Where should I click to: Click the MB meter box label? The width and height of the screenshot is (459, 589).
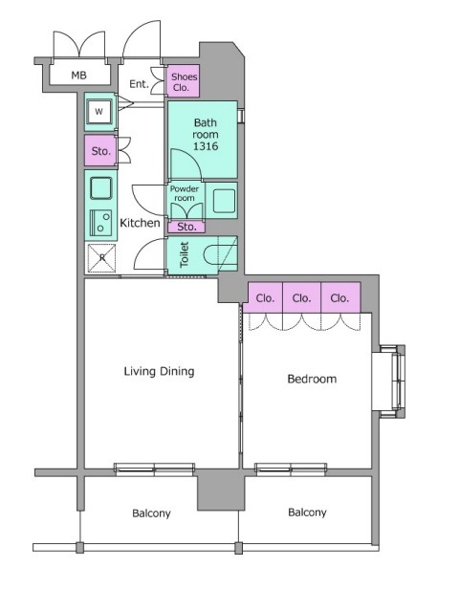click(x=78, y=76)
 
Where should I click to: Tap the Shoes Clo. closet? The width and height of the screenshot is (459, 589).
click(x=183, y=81)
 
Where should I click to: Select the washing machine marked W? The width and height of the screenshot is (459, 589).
click(x=98, y=112)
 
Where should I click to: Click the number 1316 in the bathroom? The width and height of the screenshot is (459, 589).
click(x=206, y=146)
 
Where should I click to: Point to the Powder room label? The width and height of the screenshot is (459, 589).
click(x=185, y=193)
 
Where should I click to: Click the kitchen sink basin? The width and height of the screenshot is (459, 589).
click(x=101, y=187)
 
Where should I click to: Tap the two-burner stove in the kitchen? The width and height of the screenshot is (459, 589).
click(x=100, y=223)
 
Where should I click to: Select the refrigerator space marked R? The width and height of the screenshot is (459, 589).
click(x=101, y=258)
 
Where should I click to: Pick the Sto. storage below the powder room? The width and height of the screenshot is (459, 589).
click(x=186, y=227)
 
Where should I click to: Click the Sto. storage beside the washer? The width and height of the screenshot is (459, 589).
click(x=100, y=151)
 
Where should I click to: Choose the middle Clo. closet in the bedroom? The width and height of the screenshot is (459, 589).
click(x=301, y=298)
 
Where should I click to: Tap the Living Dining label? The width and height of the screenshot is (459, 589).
click(x=160, y=372)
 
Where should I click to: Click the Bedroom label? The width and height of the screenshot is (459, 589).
click(x=312, y=379)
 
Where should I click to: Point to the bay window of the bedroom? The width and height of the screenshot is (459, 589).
click(x=392, y=382)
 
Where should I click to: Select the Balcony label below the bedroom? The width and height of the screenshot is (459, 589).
click(x=307, y=513)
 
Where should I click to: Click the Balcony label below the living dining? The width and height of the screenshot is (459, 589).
click(x=151, y=513)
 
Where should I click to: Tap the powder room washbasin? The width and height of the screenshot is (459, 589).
click(x=225, y=201)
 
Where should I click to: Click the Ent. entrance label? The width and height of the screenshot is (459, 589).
click(x=139, y=84)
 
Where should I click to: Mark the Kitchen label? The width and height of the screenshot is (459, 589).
click(x=140, y=223)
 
